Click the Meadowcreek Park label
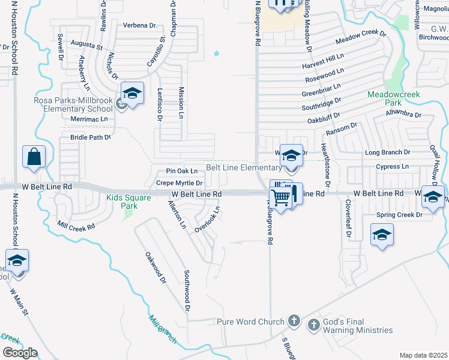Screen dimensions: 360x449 (393, 98)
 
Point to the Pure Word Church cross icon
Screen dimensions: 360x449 (294, 321)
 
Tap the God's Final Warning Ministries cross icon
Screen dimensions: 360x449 (313, 326)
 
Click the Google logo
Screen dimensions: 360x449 (20, 353)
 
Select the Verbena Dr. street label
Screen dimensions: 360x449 (140, 25)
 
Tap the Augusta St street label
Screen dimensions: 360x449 (87, 44)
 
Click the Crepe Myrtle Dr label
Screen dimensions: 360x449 (179, 182)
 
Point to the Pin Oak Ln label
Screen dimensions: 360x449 (182, 171)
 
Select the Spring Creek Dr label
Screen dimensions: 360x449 (396, 215)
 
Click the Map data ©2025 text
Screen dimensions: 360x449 (423, 355)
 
